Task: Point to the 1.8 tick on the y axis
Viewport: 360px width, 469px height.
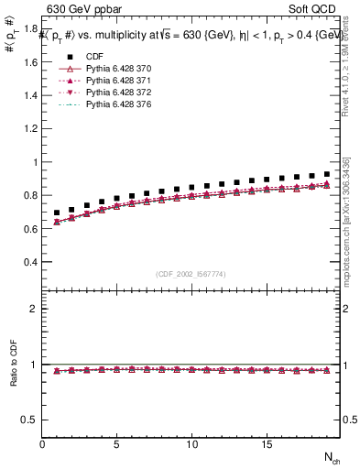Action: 31,29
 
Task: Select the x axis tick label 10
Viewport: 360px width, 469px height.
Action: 192,444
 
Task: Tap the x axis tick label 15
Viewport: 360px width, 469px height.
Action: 267,444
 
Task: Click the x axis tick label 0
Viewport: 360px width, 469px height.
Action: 43,444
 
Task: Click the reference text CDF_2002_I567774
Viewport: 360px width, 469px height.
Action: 191,274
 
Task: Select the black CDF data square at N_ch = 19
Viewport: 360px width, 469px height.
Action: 326,174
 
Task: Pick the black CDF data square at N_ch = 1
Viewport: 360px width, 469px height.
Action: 57,213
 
